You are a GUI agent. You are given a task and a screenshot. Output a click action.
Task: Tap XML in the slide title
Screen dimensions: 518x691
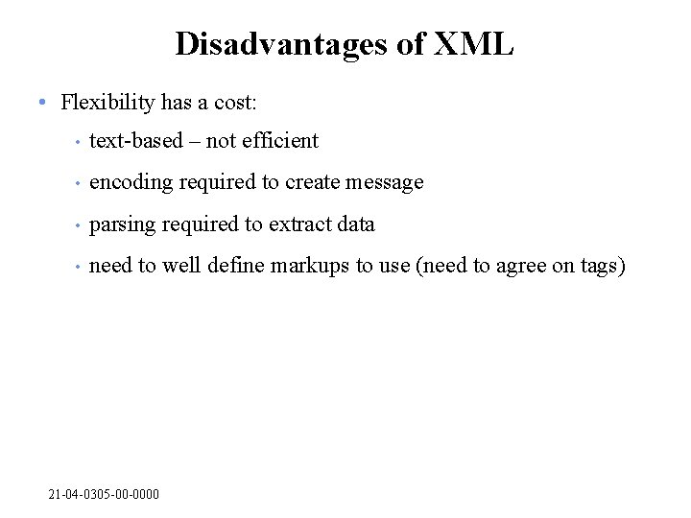pyautogui.click(x=474, y=44)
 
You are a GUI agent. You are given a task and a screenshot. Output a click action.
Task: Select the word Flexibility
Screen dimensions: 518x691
pyautogui.click(x=107, y=102)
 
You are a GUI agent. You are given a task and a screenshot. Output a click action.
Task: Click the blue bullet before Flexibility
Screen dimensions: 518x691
pyautogui.click(x=42, y=102)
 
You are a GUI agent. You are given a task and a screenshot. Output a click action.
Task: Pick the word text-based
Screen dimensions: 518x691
pyautogui.click(x=135, y=141)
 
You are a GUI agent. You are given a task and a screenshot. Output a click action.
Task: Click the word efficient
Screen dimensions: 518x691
pyautogui.click(x=280, y=141)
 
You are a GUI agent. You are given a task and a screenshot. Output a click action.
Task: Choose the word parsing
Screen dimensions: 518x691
pyautogui.click(x=123, y=224)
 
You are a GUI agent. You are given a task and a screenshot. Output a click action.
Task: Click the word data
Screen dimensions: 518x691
pyautogui.click(x=354, y=224)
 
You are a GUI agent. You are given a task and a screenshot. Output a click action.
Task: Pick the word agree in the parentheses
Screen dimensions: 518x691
pyautogui.click(x=520, y=267)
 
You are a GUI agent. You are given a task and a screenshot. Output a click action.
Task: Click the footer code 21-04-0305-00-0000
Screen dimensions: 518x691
pyautogui.click(x=104, y=494)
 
